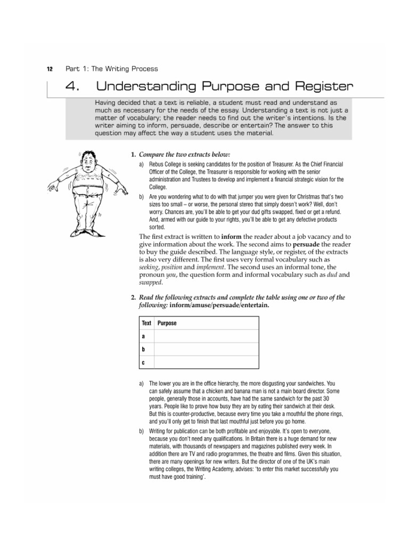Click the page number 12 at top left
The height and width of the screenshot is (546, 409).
pyautogui.click(x=50, y=69)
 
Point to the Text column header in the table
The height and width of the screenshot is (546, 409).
pyautogui.click(x=146, y=323)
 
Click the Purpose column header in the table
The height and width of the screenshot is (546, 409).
pyautogui.click(x=167, y=323)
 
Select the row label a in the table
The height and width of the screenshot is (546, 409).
pyautogui.click(x=143, y=336)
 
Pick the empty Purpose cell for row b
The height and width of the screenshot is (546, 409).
pyautogui.click(x=206, y=349)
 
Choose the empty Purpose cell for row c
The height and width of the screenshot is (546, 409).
pyautogui.click(x=206, y=363)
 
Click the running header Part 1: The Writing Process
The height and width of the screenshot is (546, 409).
pyautogui.click(x=111, y=69)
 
